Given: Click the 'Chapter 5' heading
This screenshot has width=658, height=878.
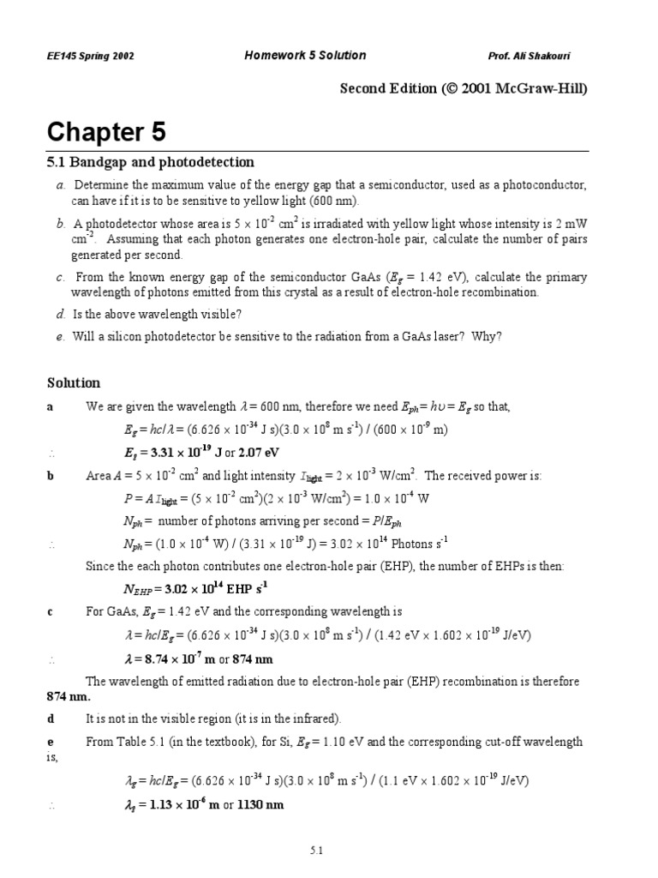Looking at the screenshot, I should point(106,132).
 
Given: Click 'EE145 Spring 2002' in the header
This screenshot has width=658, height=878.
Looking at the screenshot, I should point(90,57).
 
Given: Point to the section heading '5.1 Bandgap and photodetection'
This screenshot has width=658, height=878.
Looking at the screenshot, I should point(150,162).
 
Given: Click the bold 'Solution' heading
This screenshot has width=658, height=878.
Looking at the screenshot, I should point(73,382).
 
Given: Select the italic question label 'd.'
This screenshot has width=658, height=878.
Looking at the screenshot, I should point(61,315).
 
